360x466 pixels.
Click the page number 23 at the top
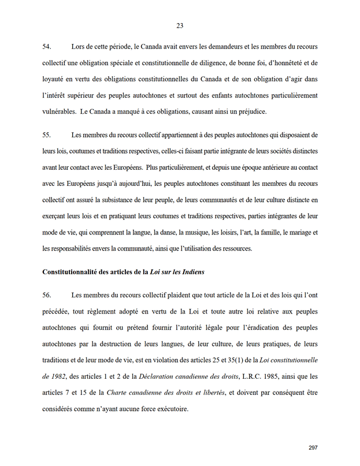tap(180, 25)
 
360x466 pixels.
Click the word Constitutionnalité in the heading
tap(70, 271)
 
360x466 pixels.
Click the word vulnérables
tap(61, 110)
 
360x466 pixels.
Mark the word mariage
tap(296, 232)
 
